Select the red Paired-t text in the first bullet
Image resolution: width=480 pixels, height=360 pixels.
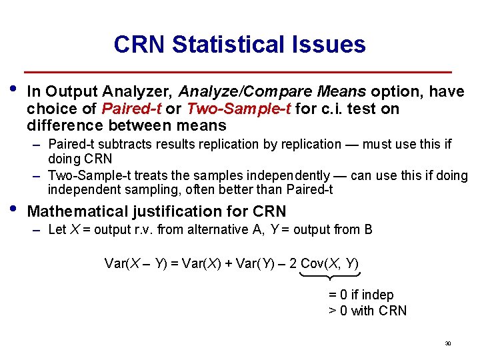[129, 109]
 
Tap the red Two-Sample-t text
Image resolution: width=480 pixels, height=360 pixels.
[239, 109]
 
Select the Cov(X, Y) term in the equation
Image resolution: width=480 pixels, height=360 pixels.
[330, 263]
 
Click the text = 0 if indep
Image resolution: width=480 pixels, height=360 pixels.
[361, 295]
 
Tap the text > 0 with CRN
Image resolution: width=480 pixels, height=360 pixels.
[367, 311]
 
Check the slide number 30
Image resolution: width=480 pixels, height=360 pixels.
[448, 344]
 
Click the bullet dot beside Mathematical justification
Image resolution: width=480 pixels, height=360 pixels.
[15, 208]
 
